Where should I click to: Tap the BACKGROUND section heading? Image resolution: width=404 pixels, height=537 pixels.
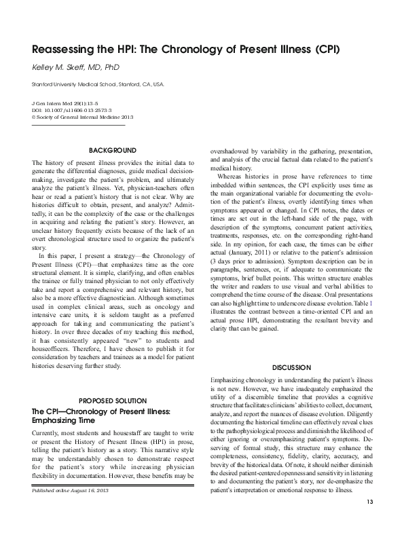113,149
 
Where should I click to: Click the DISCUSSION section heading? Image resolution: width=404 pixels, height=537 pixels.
291,367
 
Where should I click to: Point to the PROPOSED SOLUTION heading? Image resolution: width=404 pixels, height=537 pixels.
113,400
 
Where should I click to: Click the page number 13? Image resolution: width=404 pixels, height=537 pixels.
370,521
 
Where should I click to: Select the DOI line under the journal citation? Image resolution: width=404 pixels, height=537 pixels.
72,109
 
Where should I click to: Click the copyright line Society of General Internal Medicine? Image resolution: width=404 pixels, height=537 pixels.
75,116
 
